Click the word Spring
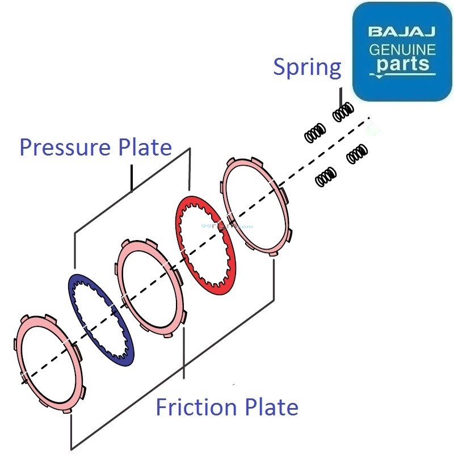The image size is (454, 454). pyautogui.click(x=307, y=68)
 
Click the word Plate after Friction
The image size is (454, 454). pyautogui.click(x=270, y=407)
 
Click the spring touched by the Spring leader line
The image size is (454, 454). pyautogui.click(x=343, y=113)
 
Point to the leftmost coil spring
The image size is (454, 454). pyautogui.click(x=314, y=133)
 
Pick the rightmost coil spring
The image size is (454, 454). pyautogui.click(x=357, y=153)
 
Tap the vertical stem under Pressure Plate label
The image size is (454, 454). pyautogui.click(x=132, y=177)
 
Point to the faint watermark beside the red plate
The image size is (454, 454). pyautogui.click(x=227, y=225)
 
